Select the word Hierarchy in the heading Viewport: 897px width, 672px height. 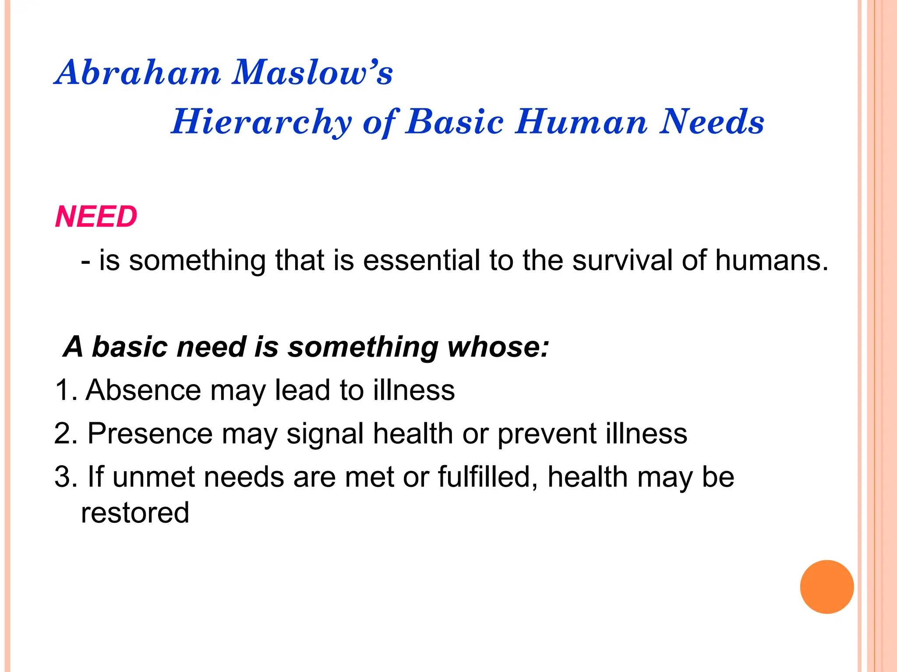tap(261, 122)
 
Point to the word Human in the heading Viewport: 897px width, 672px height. tap(581, 122)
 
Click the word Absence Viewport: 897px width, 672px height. tap(144, 390)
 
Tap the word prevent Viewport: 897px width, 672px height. tap(547, 434)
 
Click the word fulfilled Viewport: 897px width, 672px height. tap(487, 476)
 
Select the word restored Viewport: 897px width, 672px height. tap(135, 513)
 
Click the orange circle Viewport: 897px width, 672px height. tap(826, 587)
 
